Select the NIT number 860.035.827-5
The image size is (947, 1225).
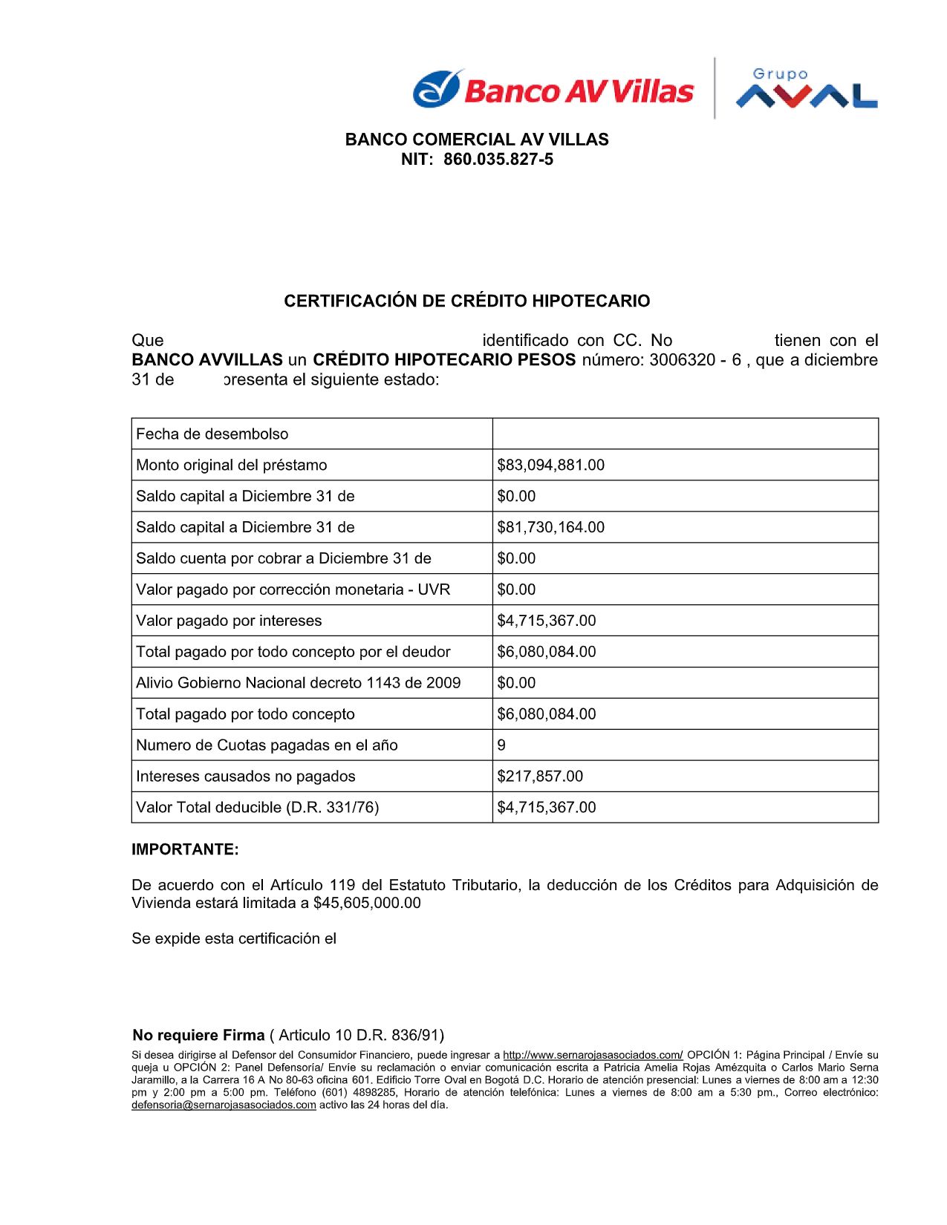[x=498, y=160]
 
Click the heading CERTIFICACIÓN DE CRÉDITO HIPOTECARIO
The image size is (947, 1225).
[x=466, y=301]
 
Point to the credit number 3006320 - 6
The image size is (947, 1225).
[x=695, y=360]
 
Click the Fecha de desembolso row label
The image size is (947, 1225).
[x=212, y=434]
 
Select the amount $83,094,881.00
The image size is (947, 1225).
[x=550, y=465]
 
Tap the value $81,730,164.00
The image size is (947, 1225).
[x=550, y=528]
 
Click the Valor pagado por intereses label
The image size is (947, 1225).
[x=229, y=621]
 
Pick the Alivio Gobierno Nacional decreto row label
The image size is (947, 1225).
[x=298, y=683]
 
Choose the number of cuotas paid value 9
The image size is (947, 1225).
[x=501, y=745]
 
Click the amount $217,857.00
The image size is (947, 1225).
[x=540, y=777]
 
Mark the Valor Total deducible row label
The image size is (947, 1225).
[x=257, y=808]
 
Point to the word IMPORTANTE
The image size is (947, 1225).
[x=185, y=850]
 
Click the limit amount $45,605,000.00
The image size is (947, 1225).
[x=367, y=904]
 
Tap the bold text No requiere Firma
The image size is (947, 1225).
[x=198, y=1036]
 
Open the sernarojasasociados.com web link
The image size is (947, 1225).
[x=593, y=1055]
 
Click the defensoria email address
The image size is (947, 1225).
[x=224, y=1105]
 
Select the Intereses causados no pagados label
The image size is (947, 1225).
[x=245, y=777]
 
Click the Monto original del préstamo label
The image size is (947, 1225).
[x=231, y=465]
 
